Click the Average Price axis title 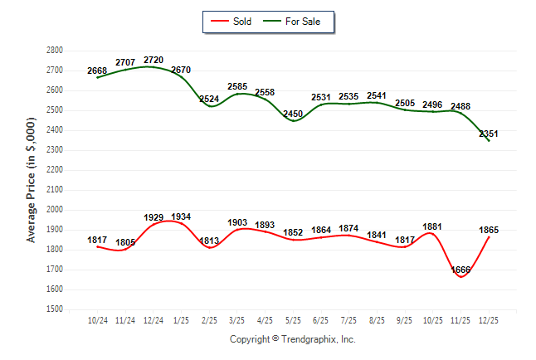coord(32,180)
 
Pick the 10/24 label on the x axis coord(98,319)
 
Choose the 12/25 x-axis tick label coord(489,319)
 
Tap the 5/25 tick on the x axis coord(293,319)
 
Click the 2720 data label coord(153,60)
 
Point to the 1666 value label coord(460,270)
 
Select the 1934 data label coord(182,217)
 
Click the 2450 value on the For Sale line coord(293,114)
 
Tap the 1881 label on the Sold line coord(433,227)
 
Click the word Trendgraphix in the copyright coord(310,339)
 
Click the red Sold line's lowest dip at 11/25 coord(460,276)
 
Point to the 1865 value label coord(489,230)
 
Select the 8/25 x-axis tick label coord(377,319)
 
